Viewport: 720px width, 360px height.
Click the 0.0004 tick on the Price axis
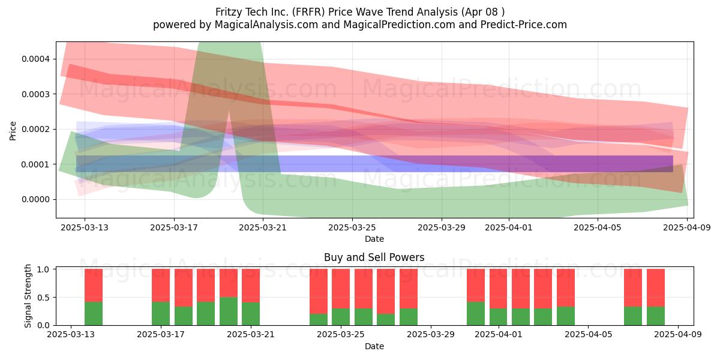pos(35,59)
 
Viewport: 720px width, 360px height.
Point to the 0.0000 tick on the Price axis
pos(35,200)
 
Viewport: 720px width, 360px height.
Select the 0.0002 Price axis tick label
pos(35,129)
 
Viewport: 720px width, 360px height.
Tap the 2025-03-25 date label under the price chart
pos(352,227)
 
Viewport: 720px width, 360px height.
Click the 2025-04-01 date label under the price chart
pos(509,227)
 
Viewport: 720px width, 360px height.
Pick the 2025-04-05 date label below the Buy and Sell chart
pos(589,335)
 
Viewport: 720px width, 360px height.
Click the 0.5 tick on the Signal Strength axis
pos(43,298)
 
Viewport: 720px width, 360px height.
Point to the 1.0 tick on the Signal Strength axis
pos(43,269)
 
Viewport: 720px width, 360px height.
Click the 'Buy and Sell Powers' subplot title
pos(374,257)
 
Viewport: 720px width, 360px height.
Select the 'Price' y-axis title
pos(13,131)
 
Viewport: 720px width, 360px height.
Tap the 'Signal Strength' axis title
pos(28,296)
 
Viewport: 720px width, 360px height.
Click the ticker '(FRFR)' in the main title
pos(308,12)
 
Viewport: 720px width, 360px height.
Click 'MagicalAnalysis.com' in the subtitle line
pos(266,25)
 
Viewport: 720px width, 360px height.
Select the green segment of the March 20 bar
pos(229,311)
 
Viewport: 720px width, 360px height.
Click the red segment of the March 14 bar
pos(94,286)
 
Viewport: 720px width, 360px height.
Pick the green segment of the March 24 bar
pos(319,319)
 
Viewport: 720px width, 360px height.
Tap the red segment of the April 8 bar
pos(656,287)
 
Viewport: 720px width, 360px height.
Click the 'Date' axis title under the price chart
pos(374,239)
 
